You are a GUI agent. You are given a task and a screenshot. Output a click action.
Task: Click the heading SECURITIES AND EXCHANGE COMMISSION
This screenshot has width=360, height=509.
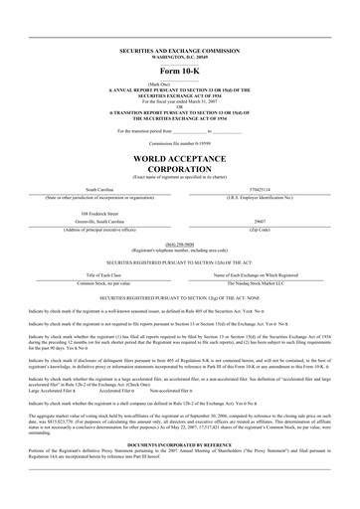pyautogui.click(x=180, y=48)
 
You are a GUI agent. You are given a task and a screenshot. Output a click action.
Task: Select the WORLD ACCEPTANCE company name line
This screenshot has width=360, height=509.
pyautogui.click(x=180, y=159)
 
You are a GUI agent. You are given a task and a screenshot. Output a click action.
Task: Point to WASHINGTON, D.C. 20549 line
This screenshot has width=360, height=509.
pyautogui.click(x=180, y=54)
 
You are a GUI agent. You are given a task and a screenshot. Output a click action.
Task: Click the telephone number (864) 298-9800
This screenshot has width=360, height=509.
pyautogui.click(x=180, y=244)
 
